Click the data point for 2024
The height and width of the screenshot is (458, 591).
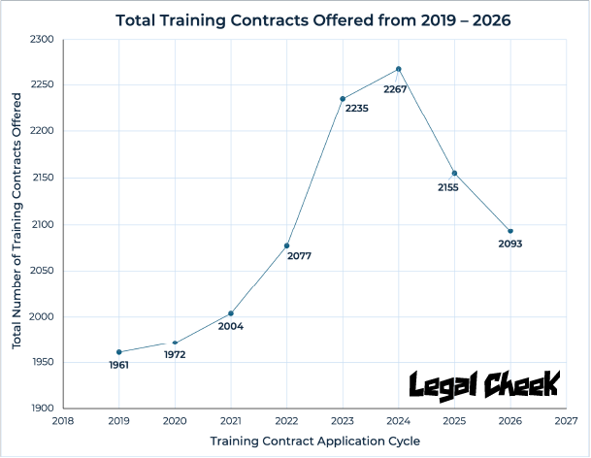(399, 69)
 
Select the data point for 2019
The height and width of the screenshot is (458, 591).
(118, 352)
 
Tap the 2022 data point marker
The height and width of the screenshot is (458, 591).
(286, 245)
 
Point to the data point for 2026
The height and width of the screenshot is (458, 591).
(510, 231)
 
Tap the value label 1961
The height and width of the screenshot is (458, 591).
(118, 365)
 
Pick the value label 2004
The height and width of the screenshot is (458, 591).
(230, 326)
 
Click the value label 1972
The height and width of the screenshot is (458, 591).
(175, 355)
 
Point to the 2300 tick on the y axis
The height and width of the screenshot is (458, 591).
(43, 39)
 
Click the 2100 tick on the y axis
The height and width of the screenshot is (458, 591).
(43, 224)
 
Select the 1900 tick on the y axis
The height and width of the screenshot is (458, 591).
(43, 409)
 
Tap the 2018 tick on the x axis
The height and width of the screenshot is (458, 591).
(62, 422)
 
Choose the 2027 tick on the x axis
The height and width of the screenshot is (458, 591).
(567, 422)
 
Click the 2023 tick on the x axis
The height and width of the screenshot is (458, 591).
(343, 422)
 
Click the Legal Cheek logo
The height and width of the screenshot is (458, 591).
(483, 383)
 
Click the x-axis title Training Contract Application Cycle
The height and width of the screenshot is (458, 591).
(315, 442)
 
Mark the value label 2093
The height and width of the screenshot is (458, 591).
(509, 244)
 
